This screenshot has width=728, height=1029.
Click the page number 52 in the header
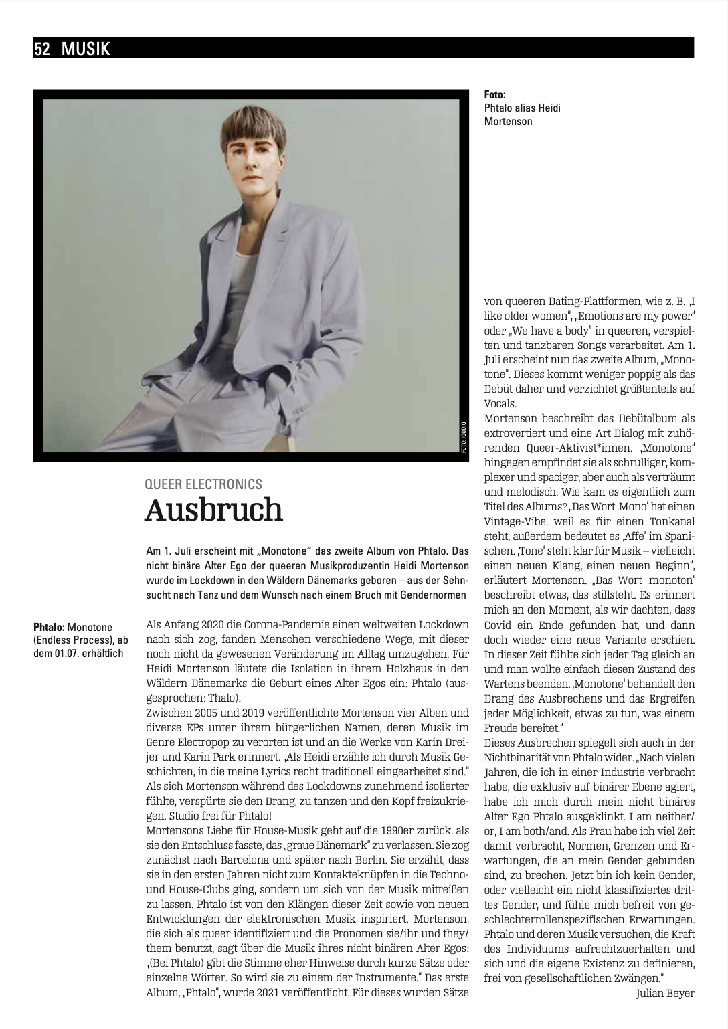point(42,48)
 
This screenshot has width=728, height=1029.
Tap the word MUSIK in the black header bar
point(86,48)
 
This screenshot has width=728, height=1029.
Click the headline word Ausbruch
point(214,510)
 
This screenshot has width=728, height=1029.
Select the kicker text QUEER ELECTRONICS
point(203,484)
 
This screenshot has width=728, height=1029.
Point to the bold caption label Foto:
point(495,95)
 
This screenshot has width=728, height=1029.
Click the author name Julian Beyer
point(665,993)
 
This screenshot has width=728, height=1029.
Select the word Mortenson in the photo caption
point(509,121)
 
